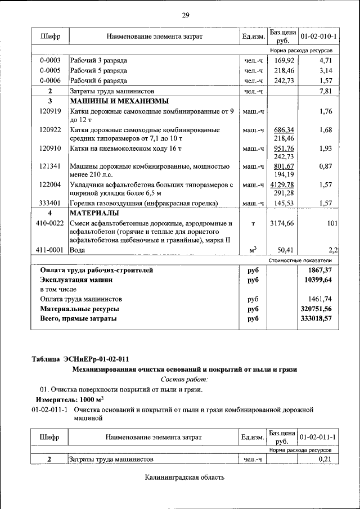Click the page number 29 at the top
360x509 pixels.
click(185, 15)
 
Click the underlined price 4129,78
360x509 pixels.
click(283, 184)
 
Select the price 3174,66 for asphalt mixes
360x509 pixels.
click(282, 223)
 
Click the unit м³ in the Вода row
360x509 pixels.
click(253, 249)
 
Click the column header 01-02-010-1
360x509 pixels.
click(318, 37)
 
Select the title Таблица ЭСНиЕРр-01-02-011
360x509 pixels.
click(83, 359)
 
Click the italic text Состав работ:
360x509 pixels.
click(184, 379)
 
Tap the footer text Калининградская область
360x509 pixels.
click(184, 478)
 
